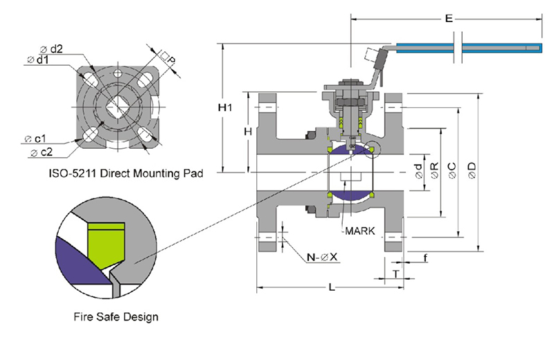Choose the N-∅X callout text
(322, 258)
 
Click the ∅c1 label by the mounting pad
(34, 138)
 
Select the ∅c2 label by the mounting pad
(39, 151)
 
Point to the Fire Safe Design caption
(116, 316)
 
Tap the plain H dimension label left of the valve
(247, 132)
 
